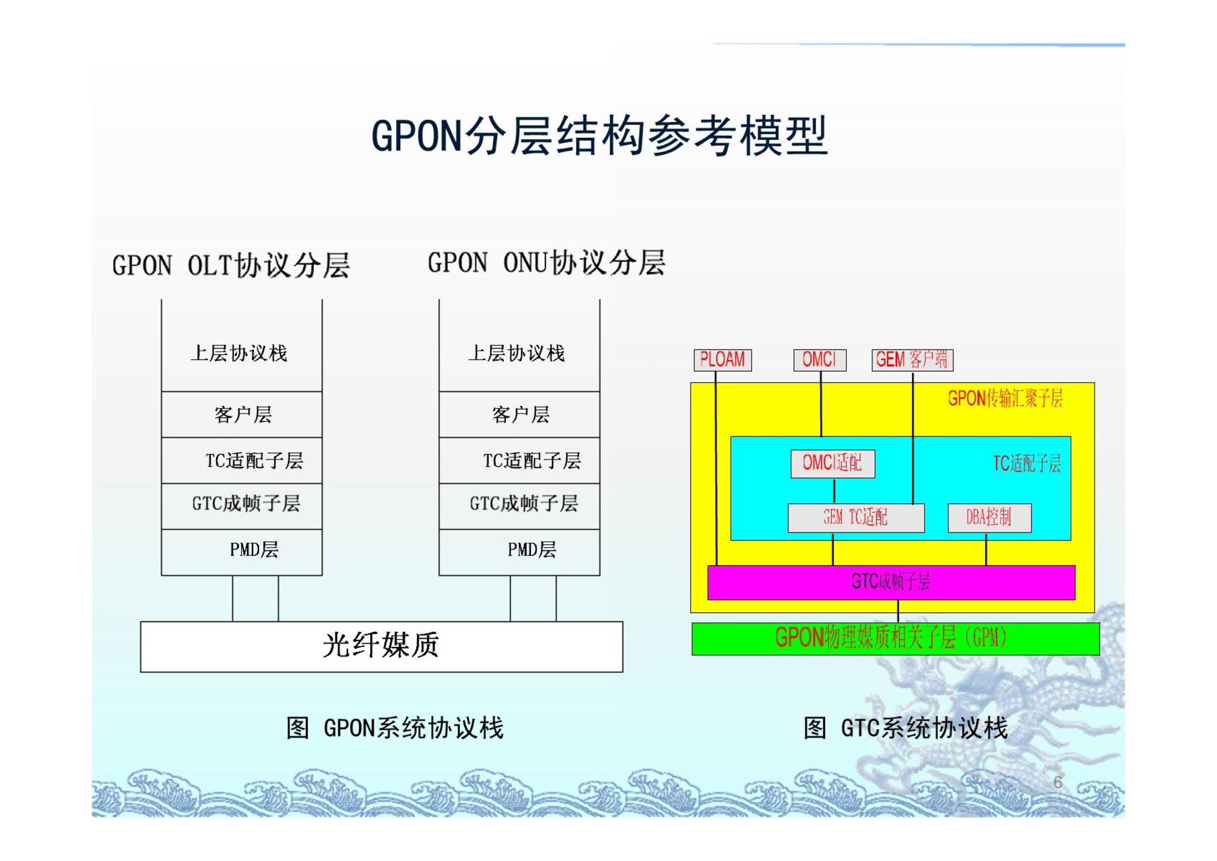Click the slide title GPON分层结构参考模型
click(x=599, y=136)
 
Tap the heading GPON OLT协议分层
click(x=231, y=265)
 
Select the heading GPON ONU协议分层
click(x=546, y=263)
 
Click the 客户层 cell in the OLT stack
click(x=242, y=414)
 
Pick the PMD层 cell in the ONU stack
click(x=519, y=552)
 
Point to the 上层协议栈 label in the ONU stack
click(x=517, y=353)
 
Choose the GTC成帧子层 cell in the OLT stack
click(x=242, y=506)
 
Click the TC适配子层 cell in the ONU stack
click(x=519, y=460)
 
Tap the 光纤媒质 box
click(x=382, y=647)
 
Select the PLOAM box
click(x=723, y=360)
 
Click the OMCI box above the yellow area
click(x=820, y=360)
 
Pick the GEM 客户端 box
click(x=912, y=360)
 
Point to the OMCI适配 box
click(x=833, y=463)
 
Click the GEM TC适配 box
click(x=856, y=517)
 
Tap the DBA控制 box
click(x=989, y=517)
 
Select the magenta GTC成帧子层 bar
click(x=891, y=582)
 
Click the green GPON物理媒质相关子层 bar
click(x=895, y=638)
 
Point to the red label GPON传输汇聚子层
click(x=1005, y=399)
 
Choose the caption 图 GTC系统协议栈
click(x=906, y=728)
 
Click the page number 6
click(x=1058, y=782)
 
